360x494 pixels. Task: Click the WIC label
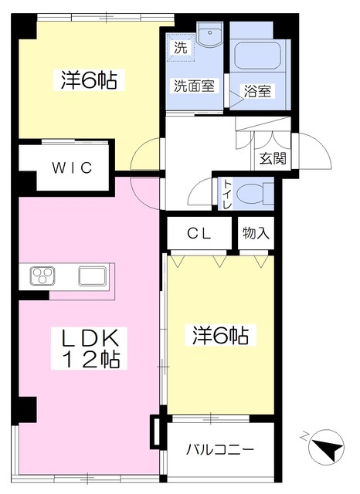[x=72, y=167]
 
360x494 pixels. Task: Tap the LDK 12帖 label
[x=89, y=348]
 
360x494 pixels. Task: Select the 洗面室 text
[x=194, y=86]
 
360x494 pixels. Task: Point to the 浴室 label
[x=257, y=91]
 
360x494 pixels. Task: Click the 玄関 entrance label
[x=273, y=158]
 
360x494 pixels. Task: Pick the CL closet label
[x=199, y=234]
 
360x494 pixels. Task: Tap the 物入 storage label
[x=256, y=233]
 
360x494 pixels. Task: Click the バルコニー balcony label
[x=219, y=449]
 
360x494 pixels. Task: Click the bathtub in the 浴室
[x=257, y=56]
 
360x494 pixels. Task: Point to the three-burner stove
[x=42, y=276]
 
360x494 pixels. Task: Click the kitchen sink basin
[x=93, y=276]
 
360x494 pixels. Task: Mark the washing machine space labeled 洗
[x=181, y=47]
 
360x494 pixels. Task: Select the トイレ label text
[x=228, y=194]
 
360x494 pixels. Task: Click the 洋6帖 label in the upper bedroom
[x=89, y=80]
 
